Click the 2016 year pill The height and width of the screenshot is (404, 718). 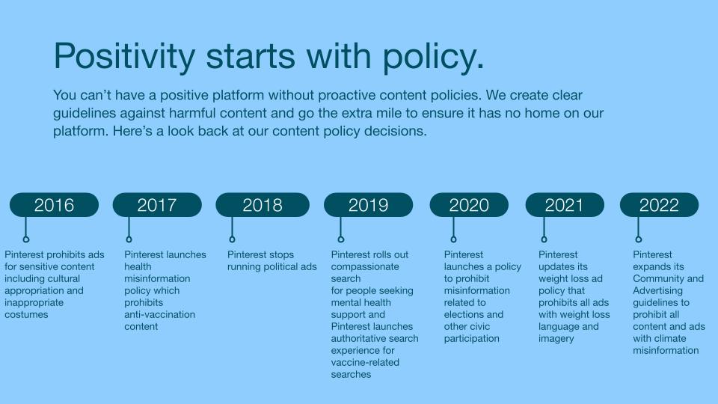(54, 205)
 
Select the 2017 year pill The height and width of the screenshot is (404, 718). (157, 205)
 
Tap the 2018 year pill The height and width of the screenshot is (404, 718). (263, 205)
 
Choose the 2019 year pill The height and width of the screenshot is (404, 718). (368, 205)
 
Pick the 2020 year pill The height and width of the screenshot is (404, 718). (469, 205)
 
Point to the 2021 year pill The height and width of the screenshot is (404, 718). (565, 205)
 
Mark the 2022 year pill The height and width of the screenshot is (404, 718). (659, 205)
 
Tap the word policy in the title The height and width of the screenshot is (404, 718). (433, 56)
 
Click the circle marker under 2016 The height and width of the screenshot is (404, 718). (26, 239)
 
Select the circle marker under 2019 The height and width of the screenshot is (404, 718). (341, 239)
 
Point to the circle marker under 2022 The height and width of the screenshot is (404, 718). (638, 239)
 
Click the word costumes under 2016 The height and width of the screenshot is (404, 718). (26, 315)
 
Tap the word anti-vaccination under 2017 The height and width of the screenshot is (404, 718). (159, 315)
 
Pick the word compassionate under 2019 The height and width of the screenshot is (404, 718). (365, 267)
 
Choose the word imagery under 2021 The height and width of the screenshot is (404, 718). (556, 339)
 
